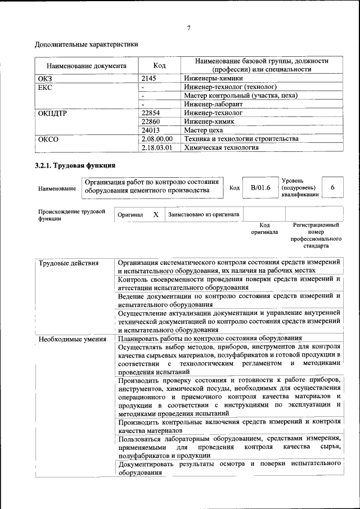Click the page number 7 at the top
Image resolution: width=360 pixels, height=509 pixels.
[188, 29]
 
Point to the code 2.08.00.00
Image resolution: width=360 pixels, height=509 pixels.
[157, 139]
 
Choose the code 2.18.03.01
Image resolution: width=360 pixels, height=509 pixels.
[157, 147]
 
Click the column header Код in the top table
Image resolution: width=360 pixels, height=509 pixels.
[159, 65]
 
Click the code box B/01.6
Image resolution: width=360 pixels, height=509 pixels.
[260, 187]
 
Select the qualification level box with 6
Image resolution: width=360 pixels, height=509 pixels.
[332, 187]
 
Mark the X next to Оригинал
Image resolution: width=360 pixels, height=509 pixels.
[156, 214]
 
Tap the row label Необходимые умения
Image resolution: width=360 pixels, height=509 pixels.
[72, 339]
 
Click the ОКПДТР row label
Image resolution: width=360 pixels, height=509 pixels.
[53, 113]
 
